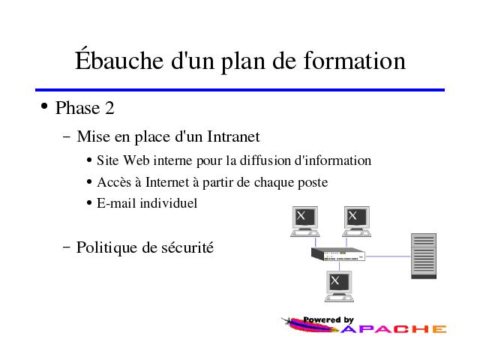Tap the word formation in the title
[355, 60]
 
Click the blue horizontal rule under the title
[240, 90]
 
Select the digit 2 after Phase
[109, 108]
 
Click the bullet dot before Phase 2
[44, 106]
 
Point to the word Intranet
[233, 136]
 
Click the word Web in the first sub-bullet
[136, 160]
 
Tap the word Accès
[114, 181]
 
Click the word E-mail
[116, 203]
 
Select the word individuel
[168, 203]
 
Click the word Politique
[106, 247]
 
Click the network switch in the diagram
[338, 254]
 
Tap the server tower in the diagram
[424, 256]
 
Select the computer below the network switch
[339, 286]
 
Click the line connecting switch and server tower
[388, 256]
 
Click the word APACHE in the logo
[394, 329]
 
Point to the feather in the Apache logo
[309, 325]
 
